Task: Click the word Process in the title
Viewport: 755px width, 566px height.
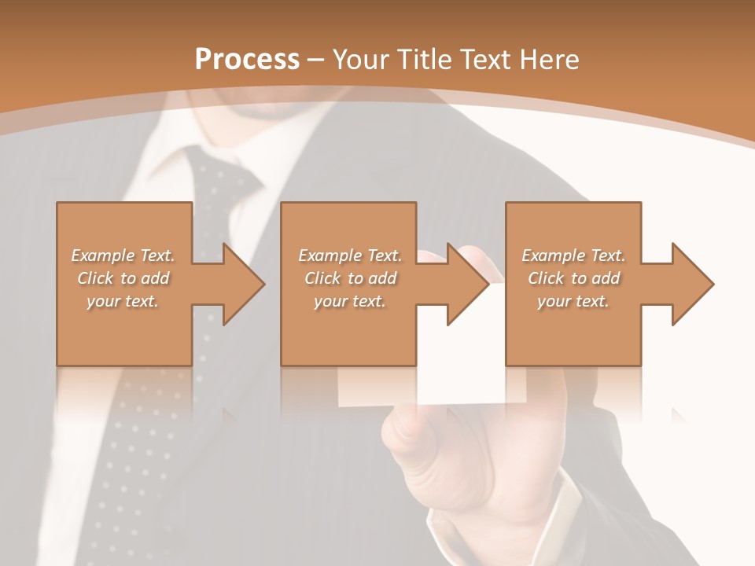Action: tap(247, 60)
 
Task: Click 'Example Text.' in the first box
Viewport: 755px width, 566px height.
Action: tap(123, 255)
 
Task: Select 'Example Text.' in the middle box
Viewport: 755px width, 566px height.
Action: tap(350, 255)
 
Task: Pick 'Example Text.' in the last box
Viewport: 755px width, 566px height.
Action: tap(573, 255)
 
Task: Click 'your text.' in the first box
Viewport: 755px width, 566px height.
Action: tap(122, 301)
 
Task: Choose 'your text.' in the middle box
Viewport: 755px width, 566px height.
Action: tap(349, 301)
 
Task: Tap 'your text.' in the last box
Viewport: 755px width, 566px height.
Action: tap(573, 301)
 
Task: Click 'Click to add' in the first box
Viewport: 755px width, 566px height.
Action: tap(123, 278)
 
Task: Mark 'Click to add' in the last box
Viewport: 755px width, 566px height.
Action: tap(574, 278)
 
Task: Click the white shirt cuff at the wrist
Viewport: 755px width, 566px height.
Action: tap(551, 511)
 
